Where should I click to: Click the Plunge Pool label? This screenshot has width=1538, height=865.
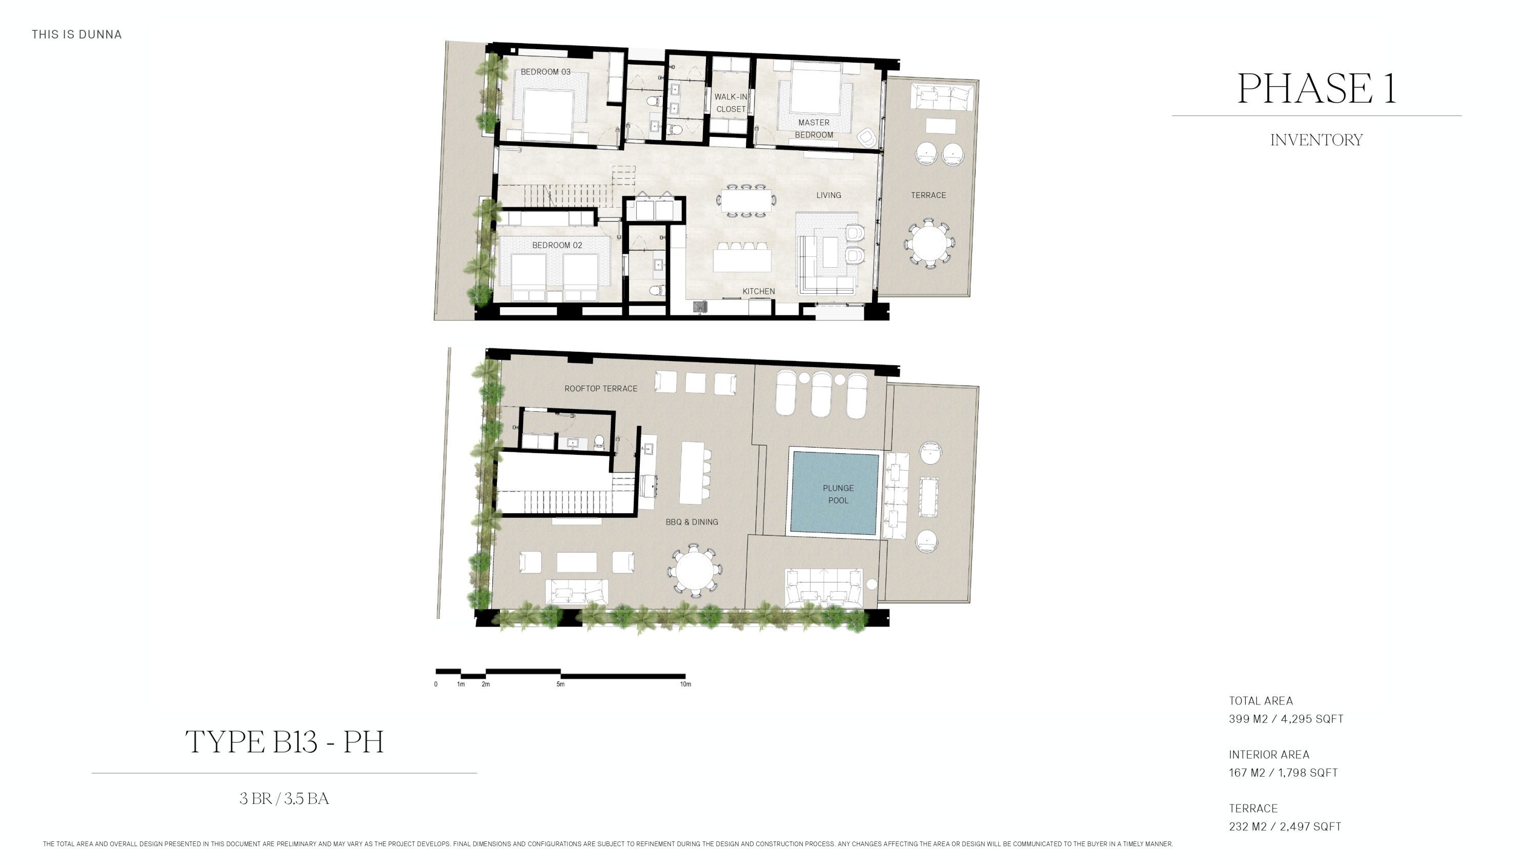point(838,494)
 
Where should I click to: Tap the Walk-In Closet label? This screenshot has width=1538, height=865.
point(731,103)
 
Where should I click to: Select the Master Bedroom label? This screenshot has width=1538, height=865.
point(814,128)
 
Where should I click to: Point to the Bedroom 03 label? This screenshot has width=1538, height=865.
point(545,72)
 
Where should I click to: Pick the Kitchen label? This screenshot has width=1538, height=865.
point(758,291)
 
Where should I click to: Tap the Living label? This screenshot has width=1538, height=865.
point(828,195)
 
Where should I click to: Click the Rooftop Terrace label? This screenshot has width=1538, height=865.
point(601,389)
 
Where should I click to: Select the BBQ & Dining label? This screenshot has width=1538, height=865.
point(692,522)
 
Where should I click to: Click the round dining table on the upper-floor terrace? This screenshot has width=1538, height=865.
point(929,244)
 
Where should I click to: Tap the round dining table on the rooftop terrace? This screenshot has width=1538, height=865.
point(694,570)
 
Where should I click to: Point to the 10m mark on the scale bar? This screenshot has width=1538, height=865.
point(685,684)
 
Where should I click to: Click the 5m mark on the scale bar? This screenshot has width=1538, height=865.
point(560,684)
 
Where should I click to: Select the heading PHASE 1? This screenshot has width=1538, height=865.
point(1317,88)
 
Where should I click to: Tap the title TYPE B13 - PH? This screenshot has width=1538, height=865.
point(284,742)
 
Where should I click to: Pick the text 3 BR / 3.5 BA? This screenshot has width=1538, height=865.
point(284,799)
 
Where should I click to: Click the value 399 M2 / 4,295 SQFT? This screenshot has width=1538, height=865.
point(1285,719)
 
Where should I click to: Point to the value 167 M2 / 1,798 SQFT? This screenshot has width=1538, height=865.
point(1283,773)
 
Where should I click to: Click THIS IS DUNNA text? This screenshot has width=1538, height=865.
point(76,35)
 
